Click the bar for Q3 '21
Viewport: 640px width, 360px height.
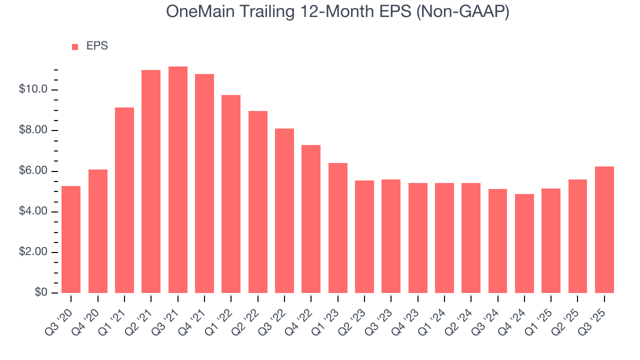pyautogui.click(x=177, y=180)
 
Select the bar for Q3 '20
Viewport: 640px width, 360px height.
pyautogui.click(x=71, y=239)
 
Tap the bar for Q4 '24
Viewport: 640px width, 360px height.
pyautogui.click(x=524, y=243)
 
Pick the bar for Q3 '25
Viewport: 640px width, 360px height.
pyautogui.click(x=604, y=230)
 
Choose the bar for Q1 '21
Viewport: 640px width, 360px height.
pyautogui.click(x=124, y=200)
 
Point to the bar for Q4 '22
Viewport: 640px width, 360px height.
pyautogui.click(x=311, y=219)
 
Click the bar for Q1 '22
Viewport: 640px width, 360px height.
pyautogui.click(x=231, y=194)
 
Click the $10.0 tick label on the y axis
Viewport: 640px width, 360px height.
pyautogui.click(x=33, y=90)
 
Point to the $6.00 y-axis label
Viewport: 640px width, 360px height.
pyautogui.click(x=33, y=171)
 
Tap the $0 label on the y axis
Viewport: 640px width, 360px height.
pyautogui.click(x=41, y=293)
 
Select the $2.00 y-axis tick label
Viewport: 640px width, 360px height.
pyautogui.click(x=33, y=252)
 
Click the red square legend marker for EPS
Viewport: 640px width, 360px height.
pyautogui.click(x=75, y=46)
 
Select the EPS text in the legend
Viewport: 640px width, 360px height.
pyautogui.click(x=97, y=46)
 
